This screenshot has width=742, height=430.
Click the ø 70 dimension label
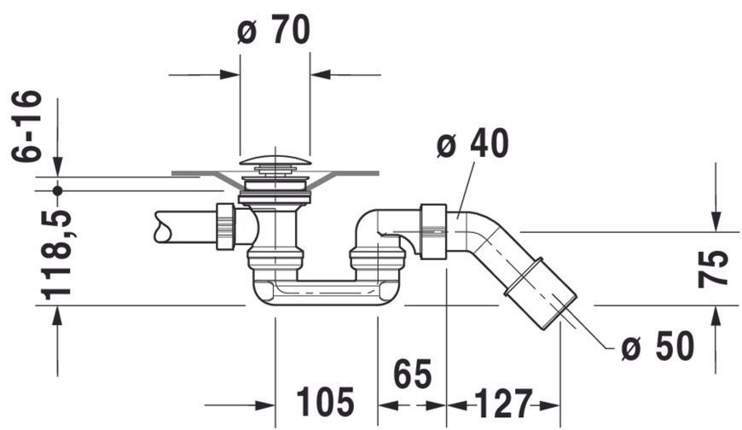[x=274, y=30]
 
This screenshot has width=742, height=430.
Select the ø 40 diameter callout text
[x=472, y=143]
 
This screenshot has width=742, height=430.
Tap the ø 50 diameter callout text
[x=658, y=346]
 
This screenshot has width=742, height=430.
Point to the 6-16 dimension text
[x=26, y=125]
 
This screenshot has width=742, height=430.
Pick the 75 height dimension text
[x=713, y=269]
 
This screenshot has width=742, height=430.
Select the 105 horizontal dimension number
[x=326, y=402]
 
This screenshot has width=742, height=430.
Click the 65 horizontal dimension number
[x=413, y=374]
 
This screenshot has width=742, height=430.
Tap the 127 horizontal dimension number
[x=503, y=404]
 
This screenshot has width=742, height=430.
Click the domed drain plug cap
[x=275, y=160]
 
